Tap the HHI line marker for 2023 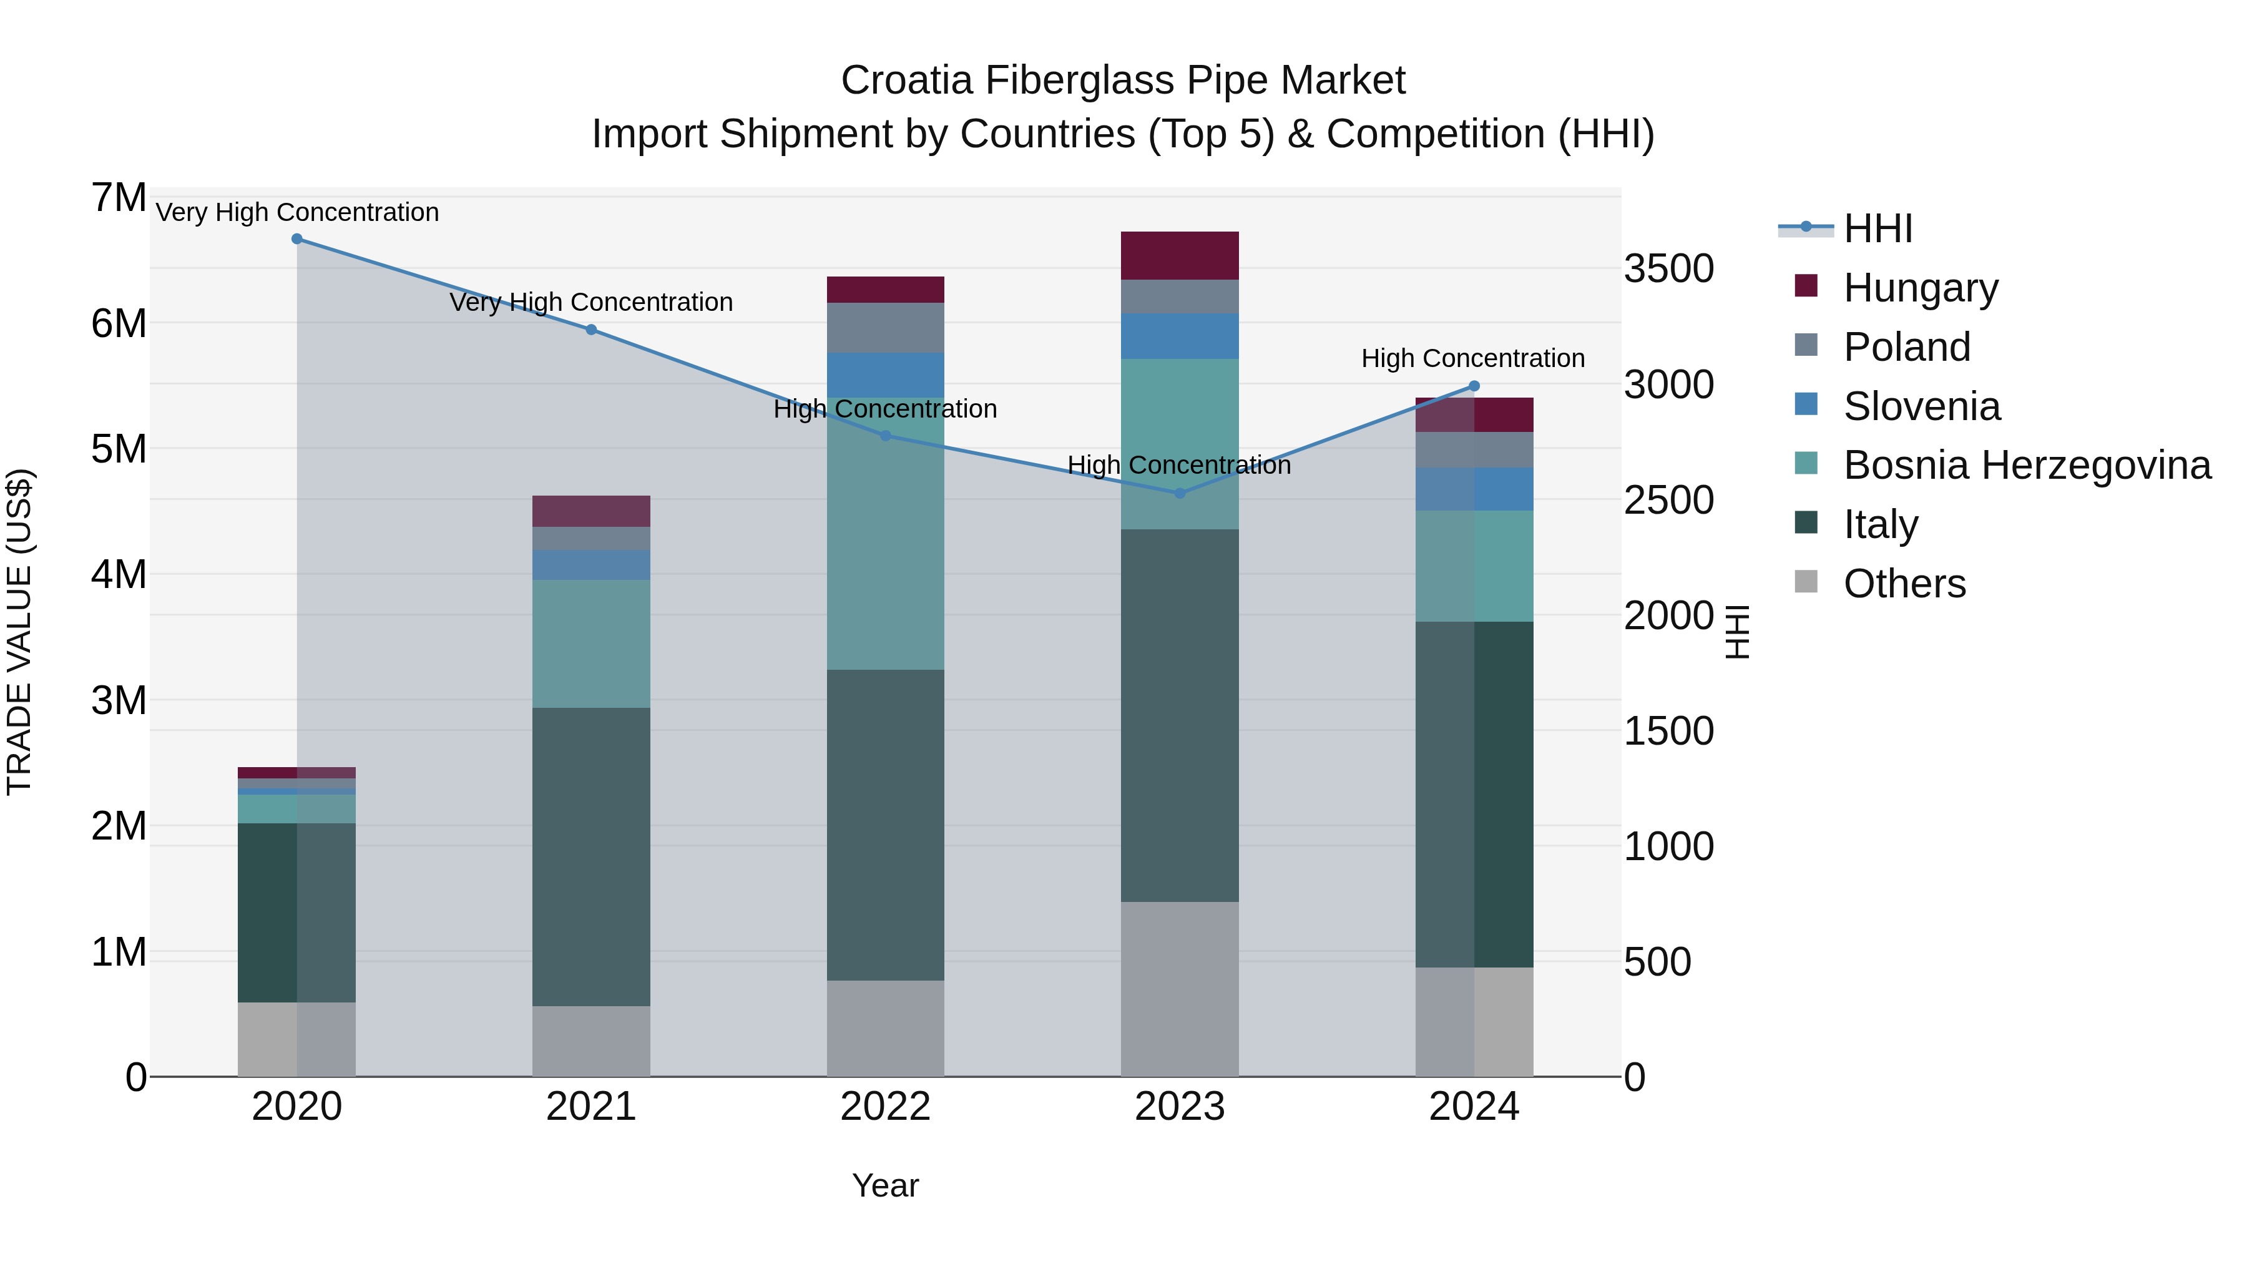coord(1179,493)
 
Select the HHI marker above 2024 coord(1474,386)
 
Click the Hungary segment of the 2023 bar coord(1179,255)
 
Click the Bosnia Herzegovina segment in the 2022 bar coord(885,533)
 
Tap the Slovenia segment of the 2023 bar coord(1179,336)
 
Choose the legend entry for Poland coord(1906,346)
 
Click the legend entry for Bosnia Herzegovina coord(2026,465)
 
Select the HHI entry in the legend coord(1877,228)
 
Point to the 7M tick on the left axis coord(119,198)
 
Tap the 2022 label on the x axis coord(885,1107)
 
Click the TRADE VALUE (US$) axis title coord(19,632)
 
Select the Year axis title coord(885,1185)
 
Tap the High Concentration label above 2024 coord(1472,358)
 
